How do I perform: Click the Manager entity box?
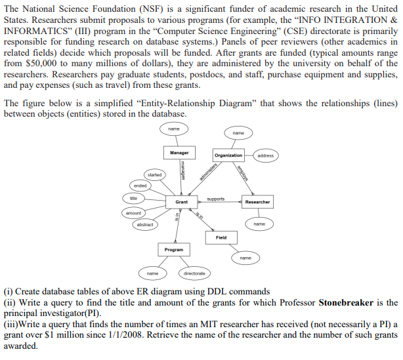click(x=179, y=152)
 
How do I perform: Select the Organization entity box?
click(x=228, y=155)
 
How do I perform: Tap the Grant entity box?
click(x=182, y=202)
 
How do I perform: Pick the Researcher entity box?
click(x=257, y=202)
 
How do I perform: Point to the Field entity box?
click(x=221, y=237)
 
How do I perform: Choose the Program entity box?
click(x=174, y=250)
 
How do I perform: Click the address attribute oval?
click(x=266, y=155)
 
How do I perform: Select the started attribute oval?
click(x=154, y=174)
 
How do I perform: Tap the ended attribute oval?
click(x=140, y=186)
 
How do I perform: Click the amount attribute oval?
click(x=133, y=213)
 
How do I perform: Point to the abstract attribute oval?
click(x=145, y=225)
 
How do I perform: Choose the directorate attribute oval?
click(x=194, y=273)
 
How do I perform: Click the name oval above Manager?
click(x=174, y=129)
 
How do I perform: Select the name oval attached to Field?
click(x=245, y=258)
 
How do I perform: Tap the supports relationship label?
click(x=215, y=199)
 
